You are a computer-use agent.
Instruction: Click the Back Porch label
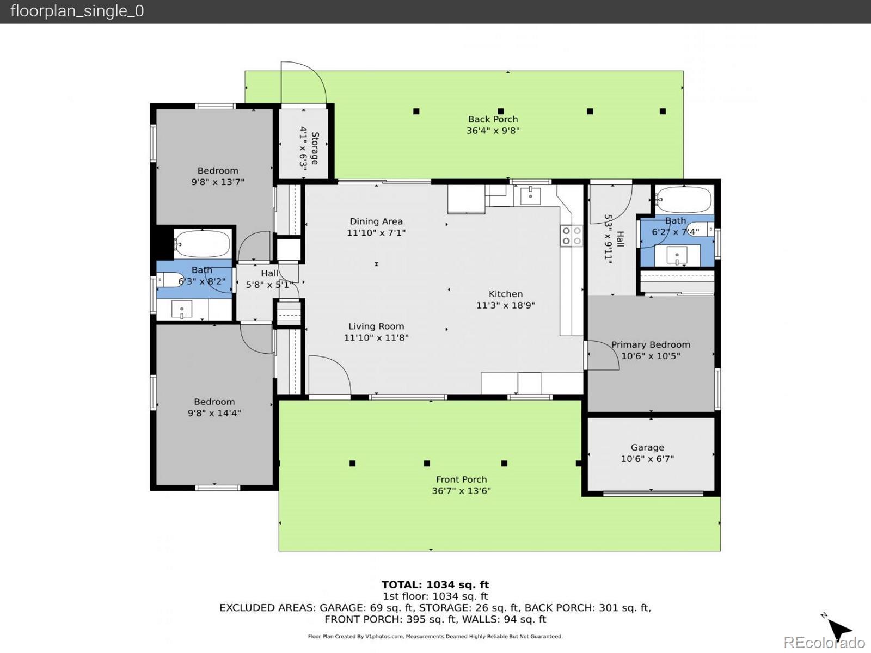click(x=493, y=119)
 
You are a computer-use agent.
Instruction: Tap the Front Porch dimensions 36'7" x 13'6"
click(x=461, y=491)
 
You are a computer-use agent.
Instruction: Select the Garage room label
click(x=647, y=448)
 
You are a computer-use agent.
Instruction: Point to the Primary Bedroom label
click(x=651, y=344)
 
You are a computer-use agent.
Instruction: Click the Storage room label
click(x=315, y=148)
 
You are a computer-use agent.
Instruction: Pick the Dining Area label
click(x=376, y=221)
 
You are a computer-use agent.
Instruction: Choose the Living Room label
click(x=376, y=326)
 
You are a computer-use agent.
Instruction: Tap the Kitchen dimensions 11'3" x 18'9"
click(x=506, y=305)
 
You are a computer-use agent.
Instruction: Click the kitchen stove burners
click(x=572, y=236)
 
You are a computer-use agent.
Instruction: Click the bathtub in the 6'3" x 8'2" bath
click(x=203, y=244)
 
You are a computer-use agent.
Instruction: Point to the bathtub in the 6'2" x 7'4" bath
click(x=683, y=199)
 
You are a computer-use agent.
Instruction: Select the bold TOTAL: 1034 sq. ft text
click(x=436, y=584)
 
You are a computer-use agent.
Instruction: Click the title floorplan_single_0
click(x=77, y=11)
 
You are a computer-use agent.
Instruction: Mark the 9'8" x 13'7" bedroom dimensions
click(x=218, y=182)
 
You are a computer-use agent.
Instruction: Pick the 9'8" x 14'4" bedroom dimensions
click(x=214, y=413)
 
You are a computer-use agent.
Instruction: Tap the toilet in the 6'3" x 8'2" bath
click(x=170, y=280)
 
